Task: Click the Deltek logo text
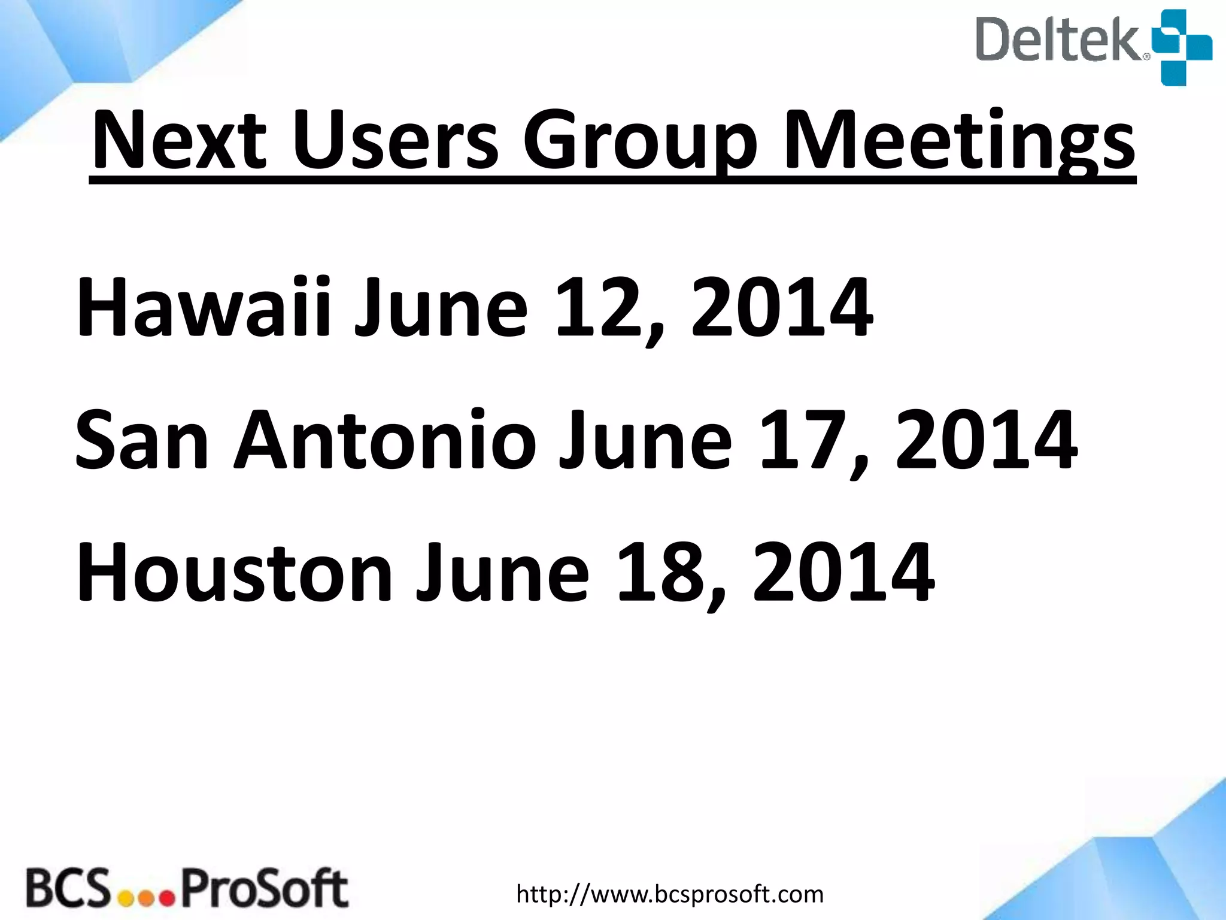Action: tap(1061, 40)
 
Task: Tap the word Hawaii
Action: tap(204, 308)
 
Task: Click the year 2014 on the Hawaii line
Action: tap(781, 308)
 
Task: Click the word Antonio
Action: tap(385, 440)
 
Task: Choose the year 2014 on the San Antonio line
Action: tap(986, 440)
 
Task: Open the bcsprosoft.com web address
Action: tap(670, 894)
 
